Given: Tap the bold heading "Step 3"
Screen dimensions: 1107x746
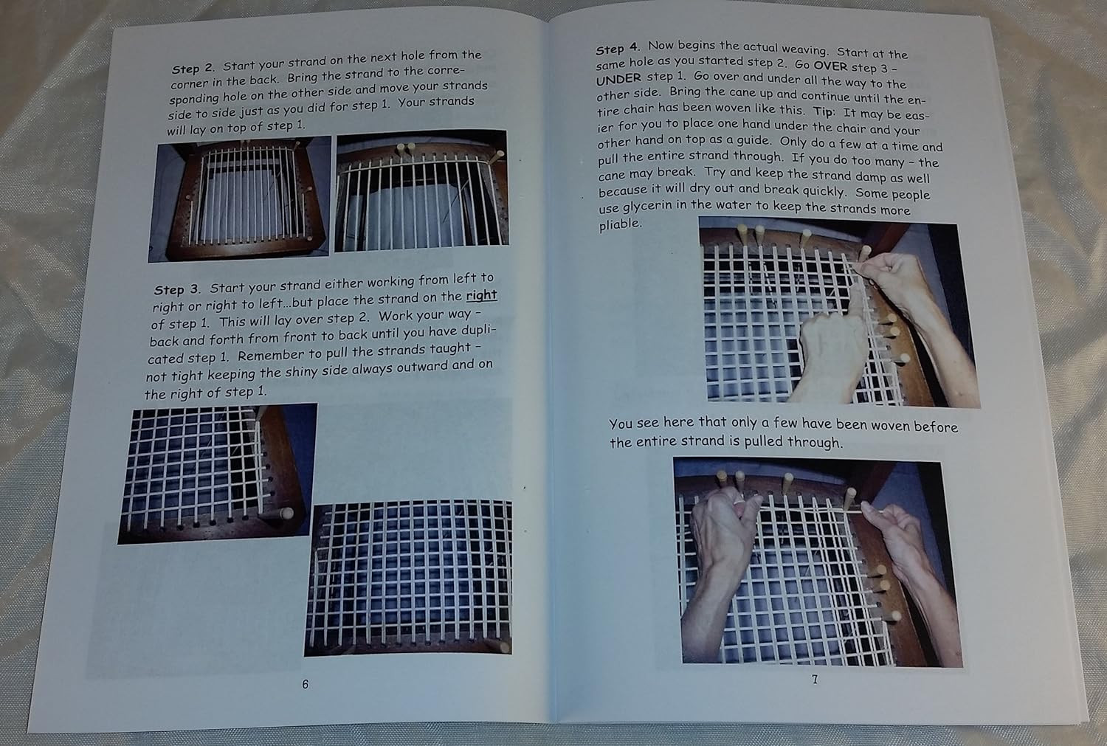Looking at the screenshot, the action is click(176, 289).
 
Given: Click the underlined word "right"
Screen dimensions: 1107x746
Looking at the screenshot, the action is click(481, 295).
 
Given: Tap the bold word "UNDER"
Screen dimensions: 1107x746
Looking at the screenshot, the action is click(618, 78).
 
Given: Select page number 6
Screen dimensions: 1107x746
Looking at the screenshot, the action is click(305, 684).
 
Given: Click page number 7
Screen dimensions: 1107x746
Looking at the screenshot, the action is click(815, 680).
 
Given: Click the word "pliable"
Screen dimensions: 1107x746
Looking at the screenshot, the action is click(620, 224).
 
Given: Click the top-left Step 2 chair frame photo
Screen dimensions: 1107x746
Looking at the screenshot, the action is click(239, 198).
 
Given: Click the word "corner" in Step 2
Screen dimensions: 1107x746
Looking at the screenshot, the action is click(189, 83).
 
